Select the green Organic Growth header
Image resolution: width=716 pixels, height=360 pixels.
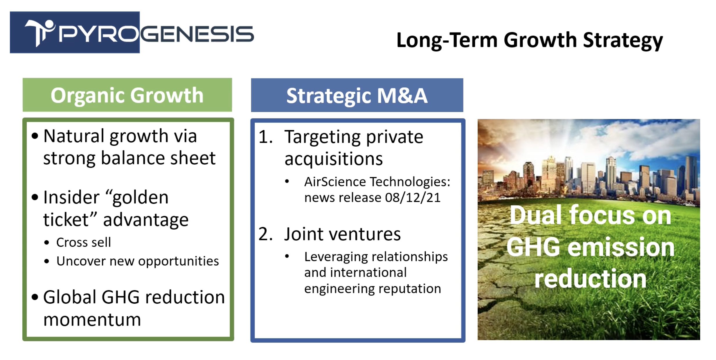point(127,95)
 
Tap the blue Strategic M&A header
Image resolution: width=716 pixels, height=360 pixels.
point(357,95)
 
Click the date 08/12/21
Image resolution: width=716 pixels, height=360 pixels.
point(413,198)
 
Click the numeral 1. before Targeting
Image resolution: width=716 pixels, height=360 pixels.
point(265,137)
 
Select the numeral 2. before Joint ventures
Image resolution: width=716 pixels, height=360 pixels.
point(265,234)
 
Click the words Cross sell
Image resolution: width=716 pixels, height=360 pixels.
point(84,242)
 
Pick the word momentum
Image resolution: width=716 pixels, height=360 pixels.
point(92,320)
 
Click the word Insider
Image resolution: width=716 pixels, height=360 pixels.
point(71,197)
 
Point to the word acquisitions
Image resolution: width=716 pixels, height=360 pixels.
point(334,159)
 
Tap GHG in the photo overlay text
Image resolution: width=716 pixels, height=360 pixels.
point(533,247)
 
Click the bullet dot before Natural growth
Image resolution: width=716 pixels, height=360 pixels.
point(35,136)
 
